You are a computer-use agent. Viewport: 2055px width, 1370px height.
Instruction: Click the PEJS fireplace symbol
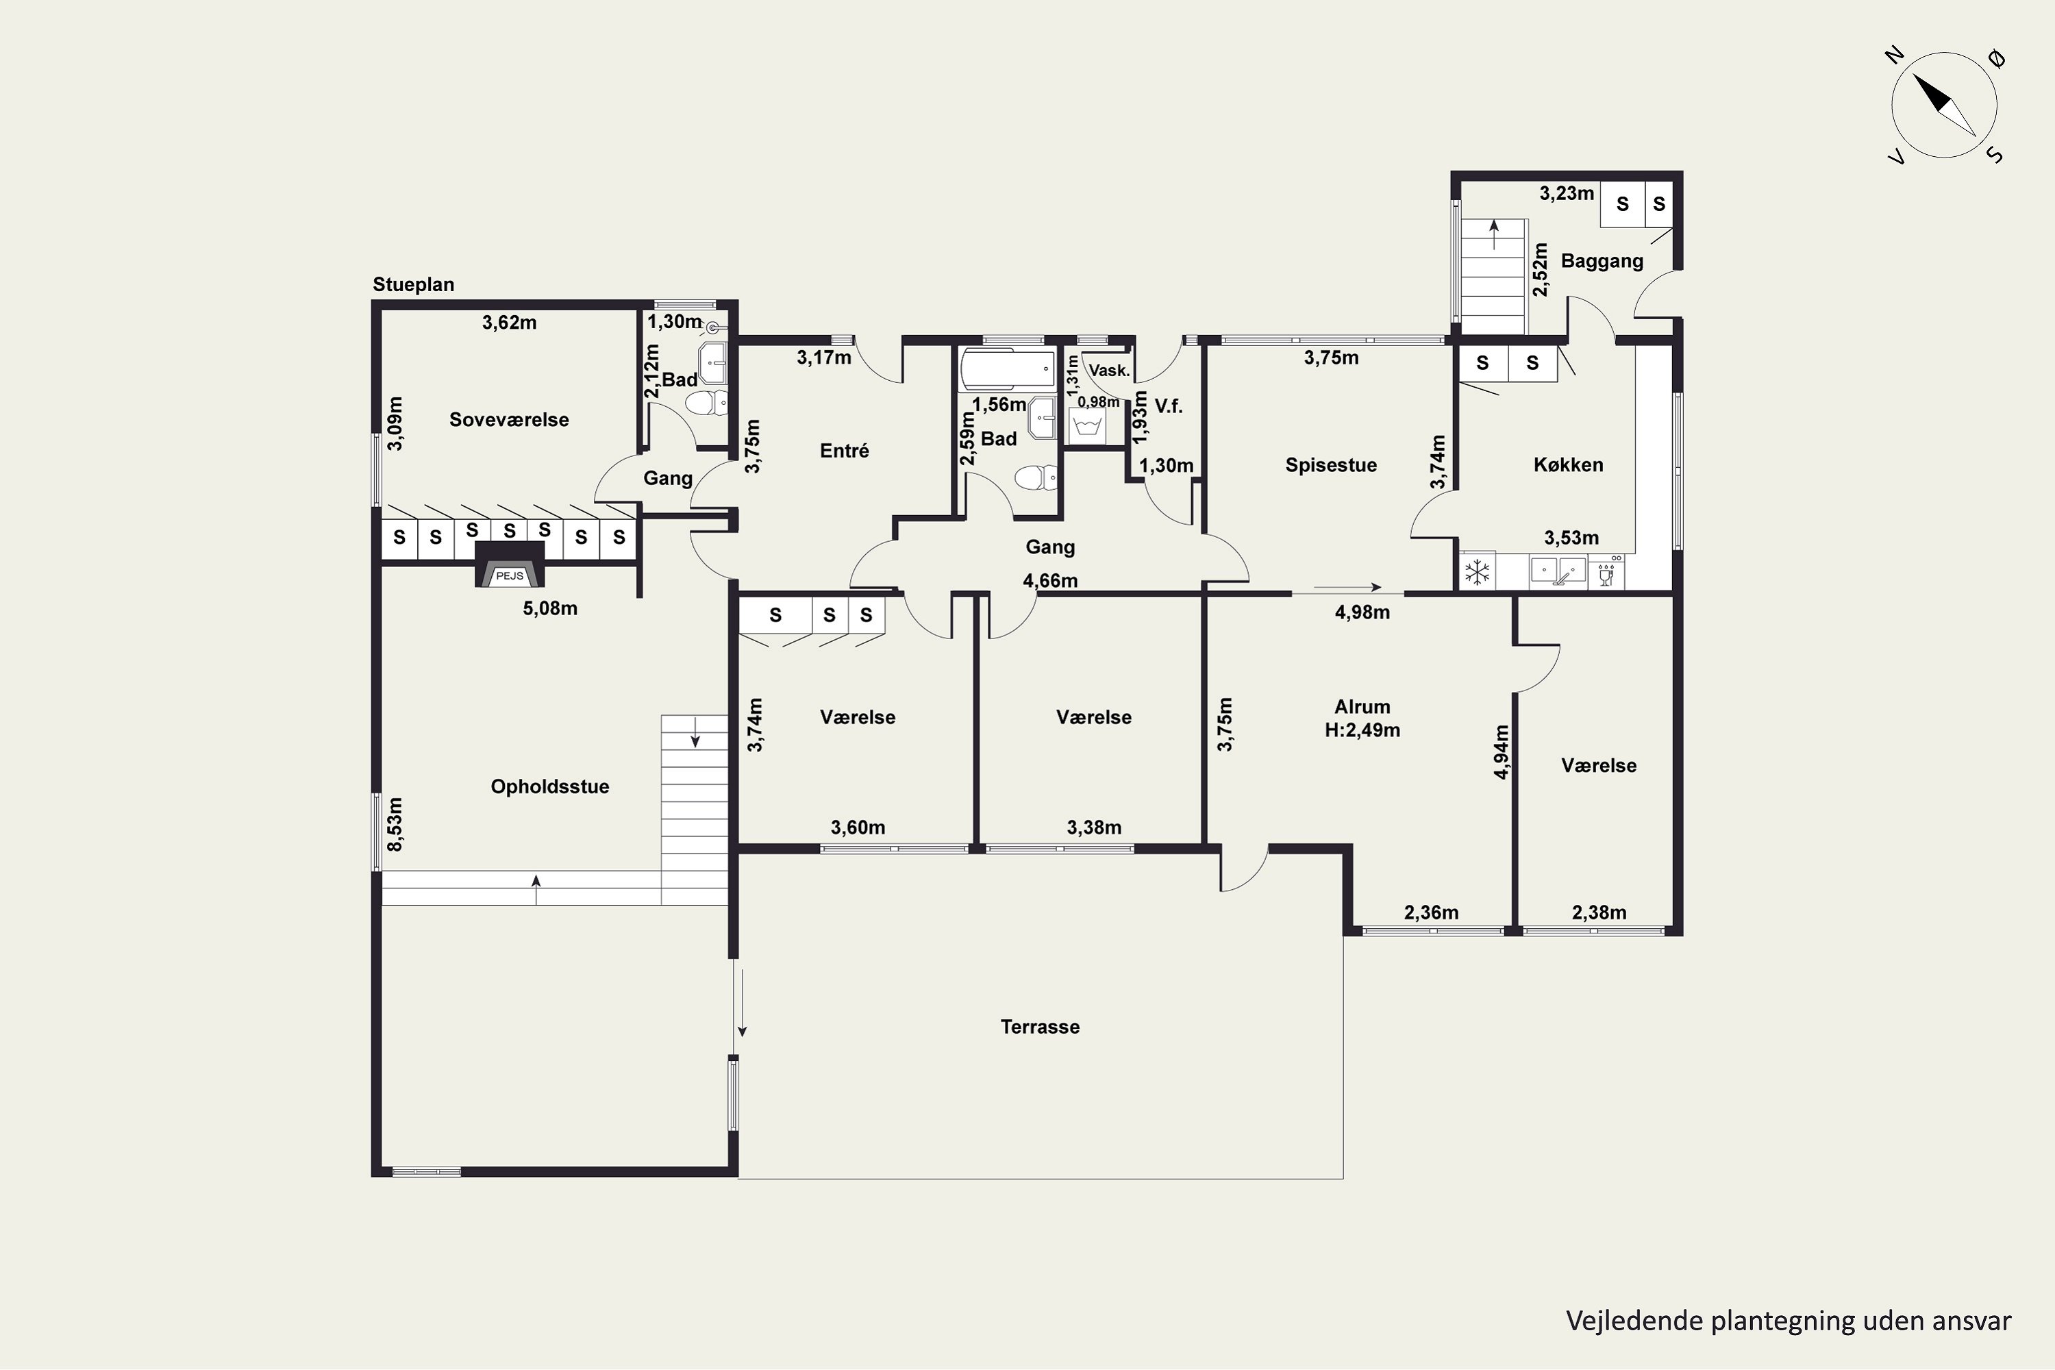click(x=510, y=564)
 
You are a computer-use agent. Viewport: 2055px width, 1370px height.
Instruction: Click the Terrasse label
click(x=1040, y=1027)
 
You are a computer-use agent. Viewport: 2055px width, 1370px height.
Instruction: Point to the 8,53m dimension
click(x=395, y=824)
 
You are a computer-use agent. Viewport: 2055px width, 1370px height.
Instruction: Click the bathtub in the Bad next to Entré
click(x=1008, y=369)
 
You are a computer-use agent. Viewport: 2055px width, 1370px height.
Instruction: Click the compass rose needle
click(x=1944, y=105)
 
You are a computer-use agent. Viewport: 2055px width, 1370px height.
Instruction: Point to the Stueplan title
click(x=413, y=284)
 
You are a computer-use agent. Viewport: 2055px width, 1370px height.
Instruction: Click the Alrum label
click(x=1362, y=707)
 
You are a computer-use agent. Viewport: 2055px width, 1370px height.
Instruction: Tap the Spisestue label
click(x=1331, y=465)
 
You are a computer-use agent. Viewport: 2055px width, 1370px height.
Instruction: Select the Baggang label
click(x=1602, y=260)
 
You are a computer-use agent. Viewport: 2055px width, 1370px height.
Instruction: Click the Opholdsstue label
click(x=549, y=786)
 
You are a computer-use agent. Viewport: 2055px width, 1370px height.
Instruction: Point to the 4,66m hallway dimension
click(x=1050, y=580)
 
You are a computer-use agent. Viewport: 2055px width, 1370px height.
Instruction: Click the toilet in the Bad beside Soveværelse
click(x=706, y=403)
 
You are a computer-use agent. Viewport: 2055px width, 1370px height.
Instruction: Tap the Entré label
click(x=844, y=451)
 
